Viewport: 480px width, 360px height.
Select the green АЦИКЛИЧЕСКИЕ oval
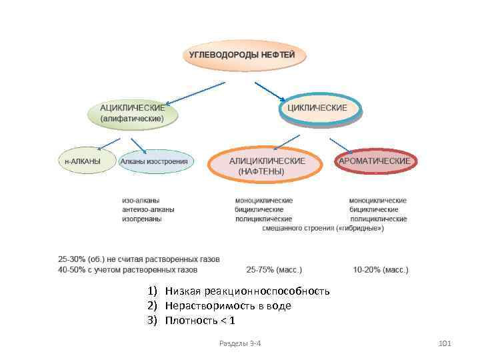click(x=133, y=113)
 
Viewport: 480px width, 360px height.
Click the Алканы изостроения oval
click(x=157, y=161)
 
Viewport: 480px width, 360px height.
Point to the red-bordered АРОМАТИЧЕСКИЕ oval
click(x=374, y=161)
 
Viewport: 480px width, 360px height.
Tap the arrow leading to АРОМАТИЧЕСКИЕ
click(x=341, y=145)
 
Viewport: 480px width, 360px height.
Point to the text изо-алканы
click(x=141, y=200)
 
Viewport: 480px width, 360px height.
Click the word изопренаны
click(x=141, y=219)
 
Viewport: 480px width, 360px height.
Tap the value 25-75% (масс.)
click(x=273, y=270)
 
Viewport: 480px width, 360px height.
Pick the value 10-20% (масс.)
click(x=380, y=270)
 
